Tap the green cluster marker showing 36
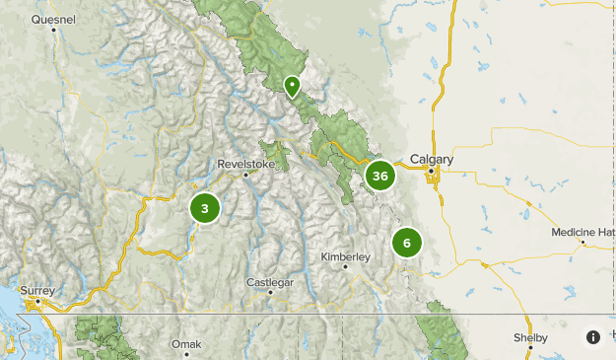[x=379, y=177]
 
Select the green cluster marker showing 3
[x=205, y=208]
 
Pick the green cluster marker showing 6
[x=406, y=243]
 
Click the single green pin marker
[x=292, y=87]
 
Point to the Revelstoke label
[x=245, y=164]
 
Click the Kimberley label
[x=345, y=256]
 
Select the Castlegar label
[x=269, y=283]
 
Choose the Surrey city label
[x=37, y=291]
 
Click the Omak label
[x=185, y=344]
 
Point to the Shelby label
[x=530, y=337]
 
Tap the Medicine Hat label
[x=583, y=232]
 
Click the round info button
[x=592, y=337]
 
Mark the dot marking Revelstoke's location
[x=246, y=176]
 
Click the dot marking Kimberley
[x=346, y=267]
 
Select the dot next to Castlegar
[x=270, y=294]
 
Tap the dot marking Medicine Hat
[x=583, y=242]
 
